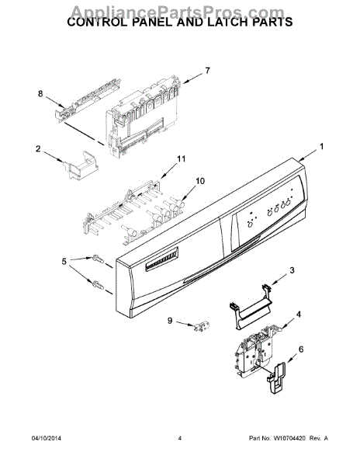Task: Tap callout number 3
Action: pos(292,270)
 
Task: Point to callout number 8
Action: pos(40,95)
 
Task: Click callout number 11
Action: pos(182,159)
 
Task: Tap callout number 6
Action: pos(301,350)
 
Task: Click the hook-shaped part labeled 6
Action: pos(277,381)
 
